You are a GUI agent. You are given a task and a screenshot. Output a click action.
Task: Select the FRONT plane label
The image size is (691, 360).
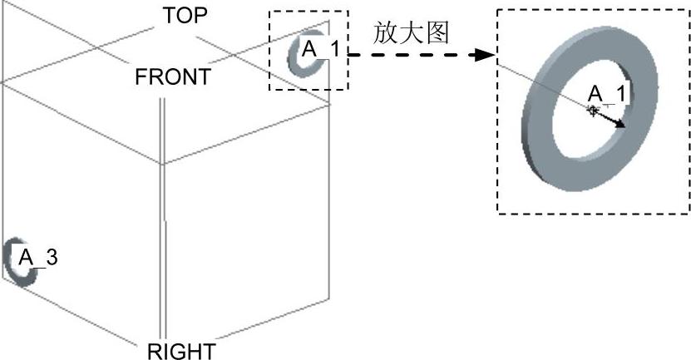172,77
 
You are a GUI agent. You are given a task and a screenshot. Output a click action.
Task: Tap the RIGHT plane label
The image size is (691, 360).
180,351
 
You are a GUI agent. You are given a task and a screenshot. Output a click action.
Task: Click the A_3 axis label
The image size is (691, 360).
38,257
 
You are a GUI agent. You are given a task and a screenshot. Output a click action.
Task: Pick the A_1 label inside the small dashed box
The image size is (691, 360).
320,49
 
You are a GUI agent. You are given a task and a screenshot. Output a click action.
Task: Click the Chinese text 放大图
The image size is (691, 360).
412,33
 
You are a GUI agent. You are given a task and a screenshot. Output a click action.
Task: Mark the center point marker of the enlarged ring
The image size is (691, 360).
592,110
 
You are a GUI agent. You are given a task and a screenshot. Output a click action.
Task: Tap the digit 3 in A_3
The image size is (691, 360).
52,257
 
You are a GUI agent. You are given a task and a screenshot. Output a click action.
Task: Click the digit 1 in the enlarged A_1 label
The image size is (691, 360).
619,92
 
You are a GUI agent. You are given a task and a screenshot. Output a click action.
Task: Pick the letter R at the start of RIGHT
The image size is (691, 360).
154,351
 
